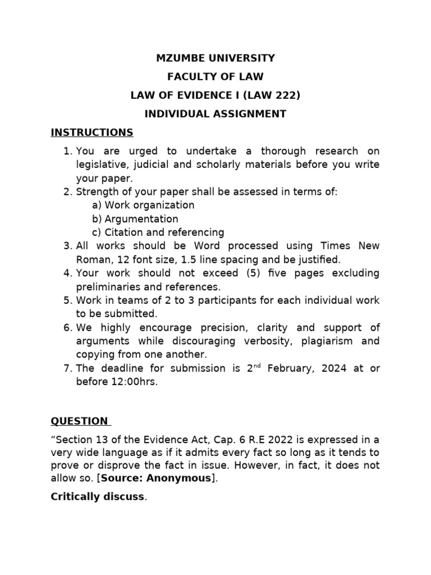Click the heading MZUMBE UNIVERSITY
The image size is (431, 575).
[x=215, y=58]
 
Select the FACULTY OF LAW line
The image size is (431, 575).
[x=215, y=76]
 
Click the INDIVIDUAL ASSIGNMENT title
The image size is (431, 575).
[x=215, y=114]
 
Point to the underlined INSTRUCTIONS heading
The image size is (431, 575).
[x=92, y=133]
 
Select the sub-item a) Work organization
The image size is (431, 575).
[x=143, y=205]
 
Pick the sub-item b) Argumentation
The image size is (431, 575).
[x=135, y=218]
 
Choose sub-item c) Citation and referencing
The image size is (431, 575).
[x=158, y=232]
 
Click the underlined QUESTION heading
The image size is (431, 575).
[x=79, y=421]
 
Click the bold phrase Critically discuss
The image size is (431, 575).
[x=97, y=497]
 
